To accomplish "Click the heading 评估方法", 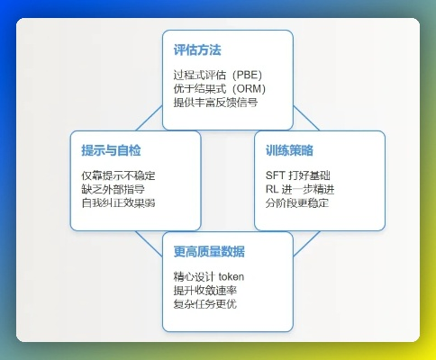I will coord(198,49).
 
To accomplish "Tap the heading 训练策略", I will coord(290,149).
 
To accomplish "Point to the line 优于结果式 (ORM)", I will coord(219,88).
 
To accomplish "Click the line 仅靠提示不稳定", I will coord(117,175).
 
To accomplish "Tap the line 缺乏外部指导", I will coord(111,189).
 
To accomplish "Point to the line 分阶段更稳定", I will coord(296,202).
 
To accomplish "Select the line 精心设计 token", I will coord(209,276).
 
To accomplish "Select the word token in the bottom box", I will coord(230,276).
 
